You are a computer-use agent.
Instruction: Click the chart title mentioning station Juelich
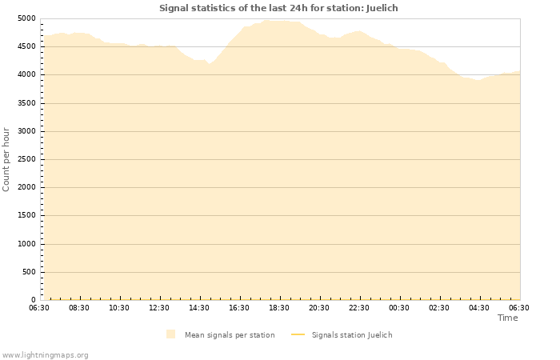(x=278, y=8)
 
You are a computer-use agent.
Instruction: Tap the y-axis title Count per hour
(x=6, y=159)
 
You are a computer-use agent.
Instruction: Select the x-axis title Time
(x=507, y=318)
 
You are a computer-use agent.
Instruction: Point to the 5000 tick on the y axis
(x=26, y=18)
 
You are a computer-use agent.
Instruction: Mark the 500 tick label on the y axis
(x=29, y=272)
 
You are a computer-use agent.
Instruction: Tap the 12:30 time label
(x=159, y=308)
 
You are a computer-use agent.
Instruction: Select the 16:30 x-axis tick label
(x=239, y=308)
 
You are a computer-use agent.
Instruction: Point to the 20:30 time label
(x=319, y=308)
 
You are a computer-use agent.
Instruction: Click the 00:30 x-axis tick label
(x=399, y=308)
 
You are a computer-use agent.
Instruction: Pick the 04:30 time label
(x=479, y=308)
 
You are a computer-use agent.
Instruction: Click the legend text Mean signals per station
(x=230, y=335)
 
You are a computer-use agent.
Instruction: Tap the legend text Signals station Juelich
(x=352, y=335)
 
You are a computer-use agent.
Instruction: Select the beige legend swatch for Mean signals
(x=171, y=334)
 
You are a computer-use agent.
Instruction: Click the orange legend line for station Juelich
(x=298, y=335)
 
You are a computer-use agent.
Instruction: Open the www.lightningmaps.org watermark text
(x=46, y=354)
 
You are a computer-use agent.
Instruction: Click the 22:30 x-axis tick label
(x=359, y=308)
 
